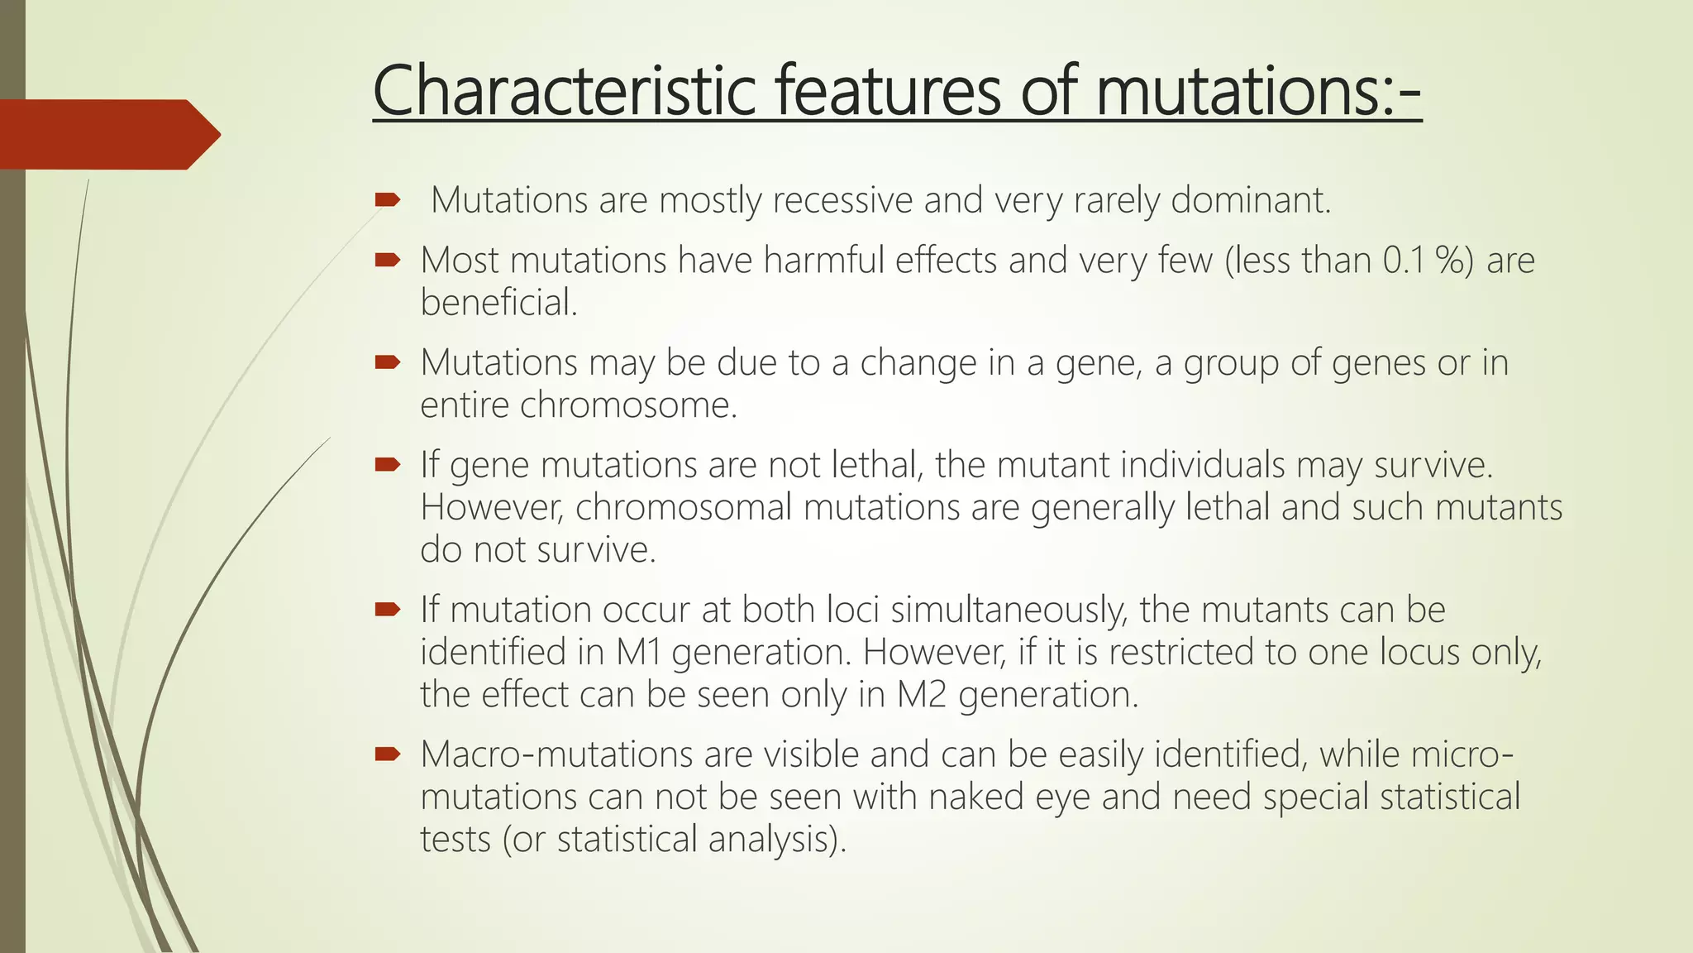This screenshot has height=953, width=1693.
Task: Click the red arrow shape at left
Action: point(107,134)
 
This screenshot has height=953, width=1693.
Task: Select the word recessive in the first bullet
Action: point(842,200)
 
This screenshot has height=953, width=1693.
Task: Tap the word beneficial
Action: point(498,303)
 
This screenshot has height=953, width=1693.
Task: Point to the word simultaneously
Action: point(1009,610)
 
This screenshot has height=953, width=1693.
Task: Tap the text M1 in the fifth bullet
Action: point(638,652)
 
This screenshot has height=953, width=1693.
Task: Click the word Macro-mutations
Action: point(556,754)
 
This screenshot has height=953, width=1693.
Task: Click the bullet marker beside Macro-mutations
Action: point(387,754)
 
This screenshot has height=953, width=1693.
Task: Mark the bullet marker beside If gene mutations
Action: point(387,464)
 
